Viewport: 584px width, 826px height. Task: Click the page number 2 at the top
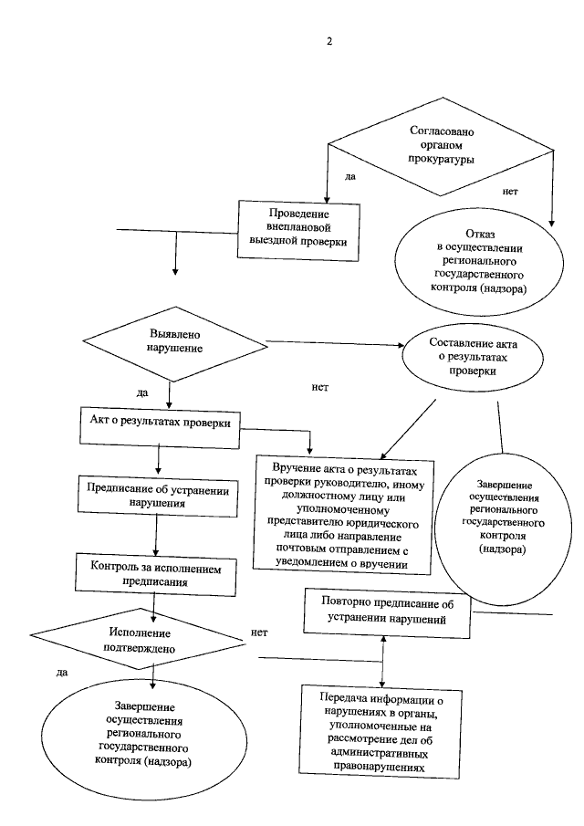(330, 40)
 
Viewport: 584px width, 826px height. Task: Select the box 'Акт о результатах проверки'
(161, 423)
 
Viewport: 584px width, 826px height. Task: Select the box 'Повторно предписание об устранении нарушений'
(389, 611)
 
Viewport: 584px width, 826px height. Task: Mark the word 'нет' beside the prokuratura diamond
(511, 193)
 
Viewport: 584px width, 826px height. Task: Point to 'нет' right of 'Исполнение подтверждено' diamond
(258, 632)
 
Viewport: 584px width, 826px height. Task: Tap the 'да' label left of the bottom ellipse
(62, 673)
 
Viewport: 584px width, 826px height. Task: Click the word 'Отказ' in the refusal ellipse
(480, 234)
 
